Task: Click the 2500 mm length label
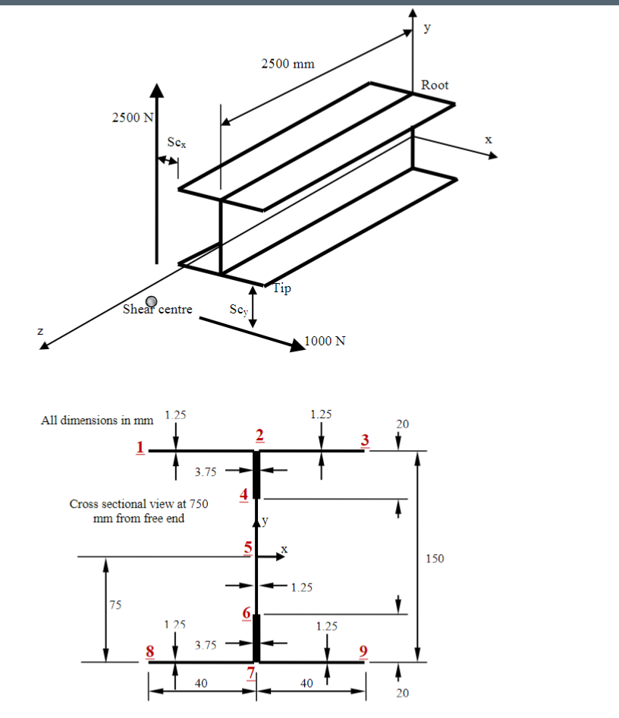pyautogui.click(x=287, y=65)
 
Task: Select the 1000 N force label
pyautogui.click(x=324, y=341)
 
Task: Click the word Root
pyautogui.click(x=435, y=85)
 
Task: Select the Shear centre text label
pyautogui.click(x=158, y=310)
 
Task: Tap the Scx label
pyautogui.click(x=174, y=142)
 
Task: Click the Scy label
pyautogui.click(x=237, y=310)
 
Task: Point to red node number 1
pyautogui.click(x=140, y=446)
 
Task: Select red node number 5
pyautogui.click(x=247, y=547)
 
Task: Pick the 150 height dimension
pyautogui.click(x=435, y=559)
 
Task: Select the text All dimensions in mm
pyautogui.click(x=96, y=420)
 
